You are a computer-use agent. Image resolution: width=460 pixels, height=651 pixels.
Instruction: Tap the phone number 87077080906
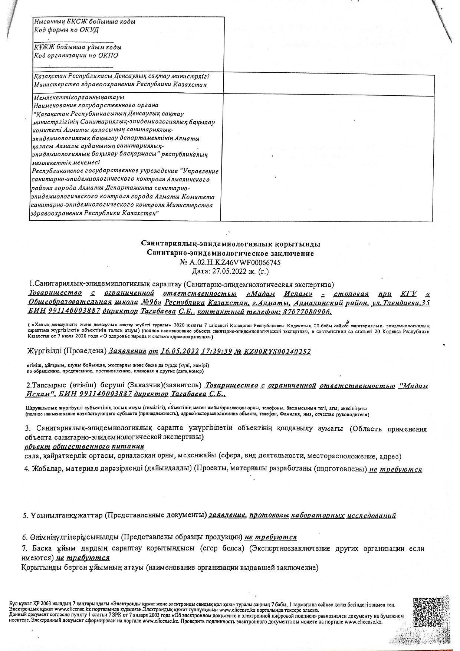tap(306, 312)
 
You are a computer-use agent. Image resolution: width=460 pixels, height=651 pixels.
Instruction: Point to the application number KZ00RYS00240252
tap(277, 352)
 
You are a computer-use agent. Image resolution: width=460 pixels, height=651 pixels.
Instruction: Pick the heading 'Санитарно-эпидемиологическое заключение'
tap(230, 254)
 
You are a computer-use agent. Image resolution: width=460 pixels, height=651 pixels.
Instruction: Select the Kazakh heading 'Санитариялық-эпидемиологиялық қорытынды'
tap(230, 244)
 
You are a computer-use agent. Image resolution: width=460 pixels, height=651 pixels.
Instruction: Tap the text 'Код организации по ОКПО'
tap(76, 56)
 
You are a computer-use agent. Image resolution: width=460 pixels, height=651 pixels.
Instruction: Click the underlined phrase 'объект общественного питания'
tap(84, 446)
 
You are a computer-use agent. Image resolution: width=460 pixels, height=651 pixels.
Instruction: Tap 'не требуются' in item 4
tap(395, 470)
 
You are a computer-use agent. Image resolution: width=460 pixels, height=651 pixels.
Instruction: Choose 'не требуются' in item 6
tap(270, 537)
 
